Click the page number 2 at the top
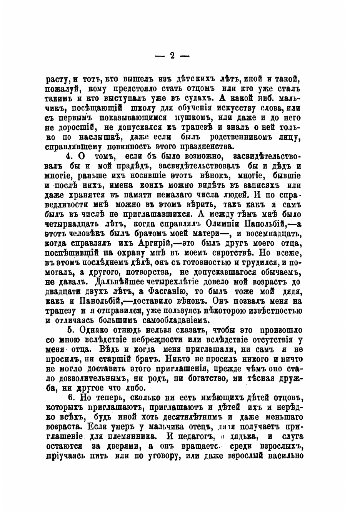tap(172, 56)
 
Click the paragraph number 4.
tap(69, 156)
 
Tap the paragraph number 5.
tap(70, 330)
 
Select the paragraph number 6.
tap(70, 398)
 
